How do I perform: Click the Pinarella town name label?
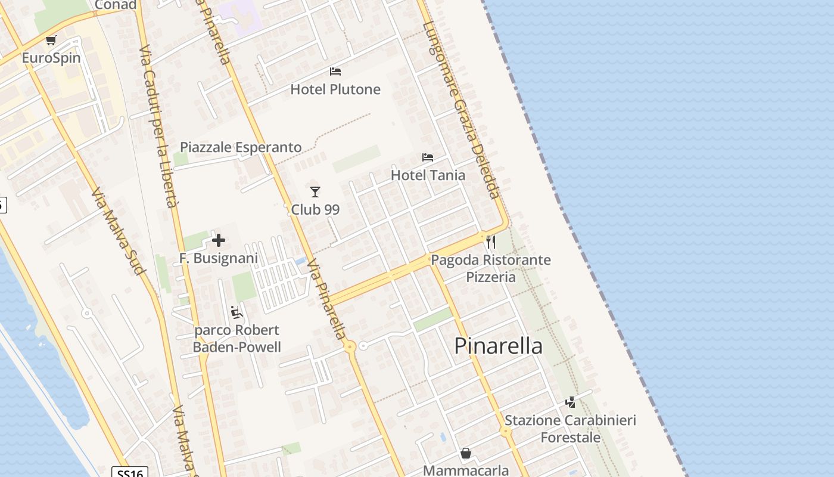click(x=498, y=346)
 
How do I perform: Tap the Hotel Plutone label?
click(x=335, y=89)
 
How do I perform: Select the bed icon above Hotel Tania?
click(x=428, y=157)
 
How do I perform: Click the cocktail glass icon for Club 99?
click(x=315, y=191)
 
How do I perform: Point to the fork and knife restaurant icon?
click(x=491, y=241)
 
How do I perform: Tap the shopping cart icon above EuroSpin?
click(x=51, y=41)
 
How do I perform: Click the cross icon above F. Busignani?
click(x=219, y=240)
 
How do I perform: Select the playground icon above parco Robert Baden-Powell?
click(x=236, y=312)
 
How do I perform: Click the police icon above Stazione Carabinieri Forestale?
click(x=570, y=402)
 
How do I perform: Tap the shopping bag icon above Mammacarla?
click(x=466, y=454)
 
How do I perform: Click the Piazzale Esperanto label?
click(x=241, y=147)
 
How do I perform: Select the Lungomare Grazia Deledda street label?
click(x=461, y=110)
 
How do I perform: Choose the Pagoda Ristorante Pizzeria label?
click(x=491, y=268)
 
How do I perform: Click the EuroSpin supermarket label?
click(x=51, y=58)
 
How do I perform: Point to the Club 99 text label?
click(x=315, y=209)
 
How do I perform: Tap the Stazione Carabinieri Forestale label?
click(x=570, y=429)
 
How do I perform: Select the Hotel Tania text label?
click(x=428, y=175)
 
